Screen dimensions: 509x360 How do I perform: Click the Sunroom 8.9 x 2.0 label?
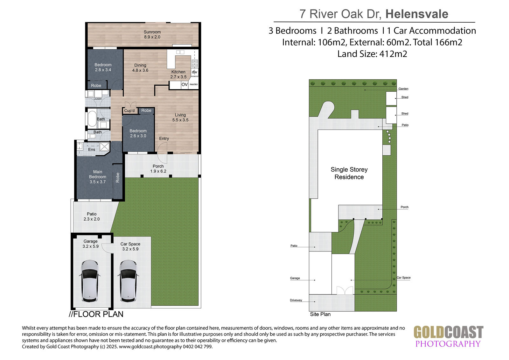[x=152, y=35]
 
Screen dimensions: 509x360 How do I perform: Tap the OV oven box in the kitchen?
[x=184, y=85]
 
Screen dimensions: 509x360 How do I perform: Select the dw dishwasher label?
[x=194, y=72]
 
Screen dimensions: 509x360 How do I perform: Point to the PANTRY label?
[x=194, y=85]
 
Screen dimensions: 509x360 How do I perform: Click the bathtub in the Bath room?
[x=92, y=118]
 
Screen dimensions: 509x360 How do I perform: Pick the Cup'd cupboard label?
[x=129, y=110]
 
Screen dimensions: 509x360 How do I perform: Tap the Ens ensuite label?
[x=92, y=149]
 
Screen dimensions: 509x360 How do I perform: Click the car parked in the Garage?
[x=90, y=281]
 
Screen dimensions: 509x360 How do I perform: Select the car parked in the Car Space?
[x=129, y=281]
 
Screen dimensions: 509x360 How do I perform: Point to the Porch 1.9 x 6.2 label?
[x=158, y=169]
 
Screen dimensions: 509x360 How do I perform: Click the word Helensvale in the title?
[x=417, y=14]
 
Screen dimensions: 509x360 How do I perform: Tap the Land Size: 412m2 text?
[x=372, y=54]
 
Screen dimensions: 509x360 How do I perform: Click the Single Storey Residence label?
[x=349, y=173]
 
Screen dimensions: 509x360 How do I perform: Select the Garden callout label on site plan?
[x=403, y=89]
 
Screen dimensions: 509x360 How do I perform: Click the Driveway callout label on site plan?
[x=296, y=300]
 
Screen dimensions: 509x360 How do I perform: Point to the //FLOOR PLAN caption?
[x=96, y=314]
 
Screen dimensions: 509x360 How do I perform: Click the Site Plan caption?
[x=320, y=314]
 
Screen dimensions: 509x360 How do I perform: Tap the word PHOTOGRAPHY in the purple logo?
[x=448, y=344]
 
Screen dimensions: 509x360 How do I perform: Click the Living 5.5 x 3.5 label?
[x=180, y=117]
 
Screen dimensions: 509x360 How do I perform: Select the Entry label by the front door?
[x=164, y=138]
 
